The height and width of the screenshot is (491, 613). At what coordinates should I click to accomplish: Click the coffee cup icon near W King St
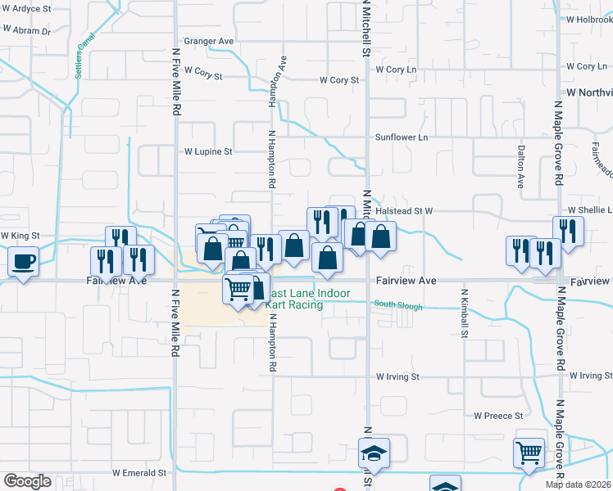point(22,263)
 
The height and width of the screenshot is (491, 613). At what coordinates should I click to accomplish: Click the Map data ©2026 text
point(579,484)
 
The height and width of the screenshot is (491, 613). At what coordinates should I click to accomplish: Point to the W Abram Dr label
point(25,31)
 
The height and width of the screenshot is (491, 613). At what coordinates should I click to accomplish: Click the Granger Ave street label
point(209,41)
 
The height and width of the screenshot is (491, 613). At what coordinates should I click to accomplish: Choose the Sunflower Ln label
point(402,137)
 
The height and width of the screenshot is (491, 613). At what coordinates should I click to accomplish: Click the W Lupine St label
point(208,151)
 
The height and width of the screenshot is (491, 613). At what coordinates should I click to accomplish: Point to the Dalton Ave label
point(520,162)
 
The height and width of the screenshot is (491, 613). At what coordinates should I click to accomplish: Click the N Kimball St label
point(464,313)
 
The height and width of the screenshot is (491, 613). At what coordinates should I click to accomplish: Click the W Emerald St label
point(139,473)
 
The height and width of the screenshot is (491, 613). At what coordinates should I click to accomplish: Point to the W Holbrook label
point(588,19)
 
